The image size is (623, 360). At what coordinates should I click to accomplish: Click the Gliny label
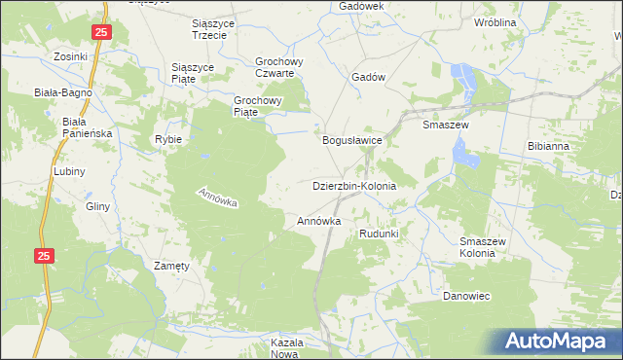point(97,206)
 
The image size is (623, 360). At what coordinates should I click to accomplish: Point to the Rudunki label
point(379,234)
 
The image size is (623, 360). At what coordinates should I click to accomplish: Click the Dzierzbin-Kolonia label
point(354,185)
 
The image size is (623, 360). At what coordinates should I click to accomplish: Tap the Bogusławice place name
point(352,140)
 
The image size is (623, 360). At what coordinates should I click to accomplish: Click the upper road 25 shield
point(102,33)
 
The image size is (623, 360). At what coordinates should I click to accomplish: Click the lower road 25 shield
point(43,255)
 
